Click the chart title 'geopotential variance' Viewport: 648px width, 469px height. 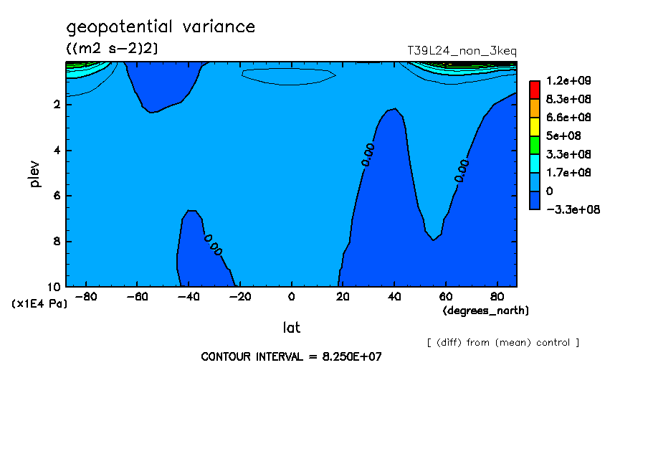point(161,27)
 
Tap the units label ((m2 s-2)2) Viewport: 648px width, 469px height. point(112,49)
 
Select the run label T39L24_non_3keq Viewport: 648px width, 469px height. point(462,51)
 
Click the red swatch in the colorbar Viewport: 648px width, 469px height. point(535,90)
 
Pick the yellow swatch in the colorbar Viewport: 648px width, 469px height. point(535,126)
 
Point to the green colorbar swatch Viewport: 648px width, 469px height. point(535,145)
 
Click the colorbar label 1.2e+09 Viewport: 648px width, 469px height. point(568,80)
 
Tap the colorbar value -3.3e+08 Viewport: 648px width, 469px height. point(573,209)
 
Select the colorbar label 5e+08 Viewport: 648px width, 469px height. point(563,136)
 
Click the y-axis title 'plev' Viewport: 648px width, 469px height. point(34,174)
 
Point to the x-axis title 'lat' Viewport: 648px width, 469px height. point(291,328)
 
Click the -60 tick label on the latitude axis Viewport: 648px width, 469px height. point(137,297)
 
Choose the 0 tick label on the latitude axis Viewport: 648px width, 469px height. point(291,297)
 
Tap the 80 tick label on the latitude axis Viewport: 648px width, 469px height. point(497,297)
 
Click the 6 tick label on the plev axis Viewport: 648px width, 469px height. point(57,195)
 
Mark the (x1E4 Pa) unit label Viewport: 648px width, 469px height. point(39,304)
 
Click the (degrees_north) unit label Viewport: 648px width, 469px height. point(485,311)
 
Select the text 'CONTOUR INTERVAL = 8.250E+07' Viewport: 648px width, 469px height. point(291,356)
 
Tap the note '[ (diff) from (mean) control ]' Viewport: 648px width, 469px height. point(503,343)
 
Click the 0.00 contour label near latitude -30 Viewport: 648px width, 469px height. point(213,245)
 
